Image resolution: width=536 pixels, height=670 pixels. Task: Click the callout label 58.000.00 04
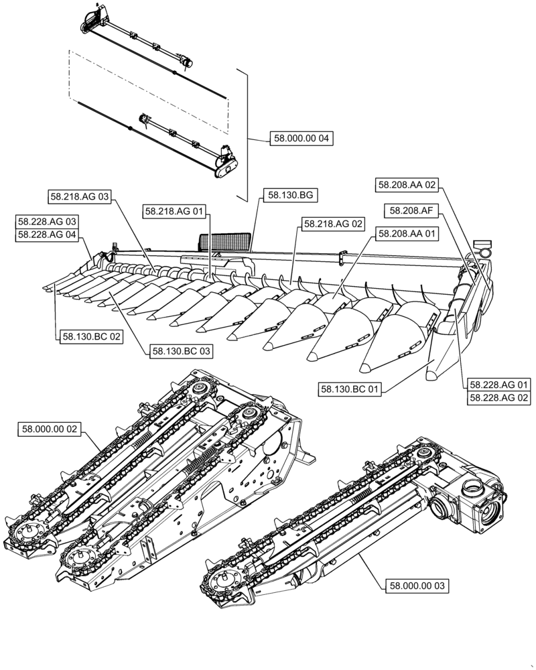(301, 139)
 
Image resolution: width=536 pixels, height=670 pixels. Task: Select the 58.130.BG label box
(290, 195)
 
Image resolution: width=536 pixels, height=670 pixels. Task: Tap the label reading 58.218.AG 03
(80, 196)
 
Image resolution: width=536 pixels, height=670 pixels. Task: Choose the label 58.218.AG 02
(333, 224)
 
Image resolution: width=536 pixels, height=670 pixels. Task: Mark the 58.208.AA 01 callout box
(407, 234)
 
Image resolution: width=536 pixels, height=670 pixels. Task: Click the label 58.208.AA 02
(407, 184)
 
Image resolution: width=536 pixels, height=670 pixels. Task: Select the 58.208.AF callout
(411, 210)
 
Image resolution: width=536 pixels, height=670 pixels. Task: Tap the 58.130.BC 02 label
(91, 337)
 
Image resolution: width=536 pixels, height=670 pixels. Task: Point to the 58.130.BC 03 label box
(181, 350)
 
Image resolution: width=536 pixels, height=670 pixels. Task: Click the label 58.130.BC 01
(350, 388)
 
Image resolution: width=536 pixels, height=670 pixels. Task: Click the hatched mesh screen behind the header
(225, 240)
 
